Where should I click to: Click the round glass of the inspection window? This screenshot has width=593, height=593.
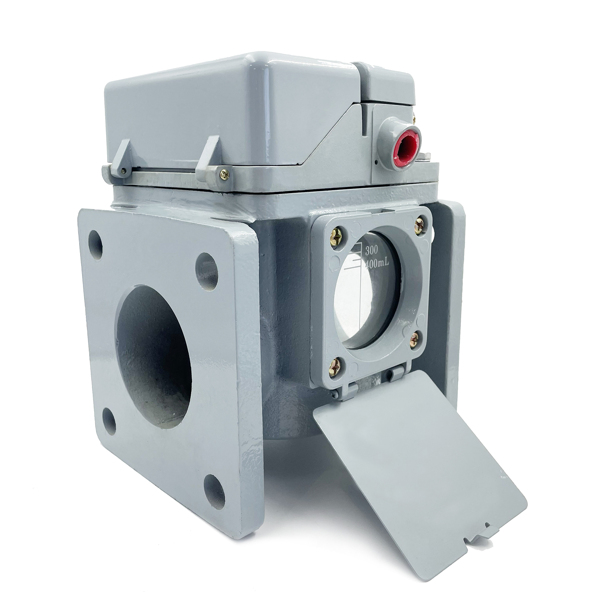click(x=369, y=290)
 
